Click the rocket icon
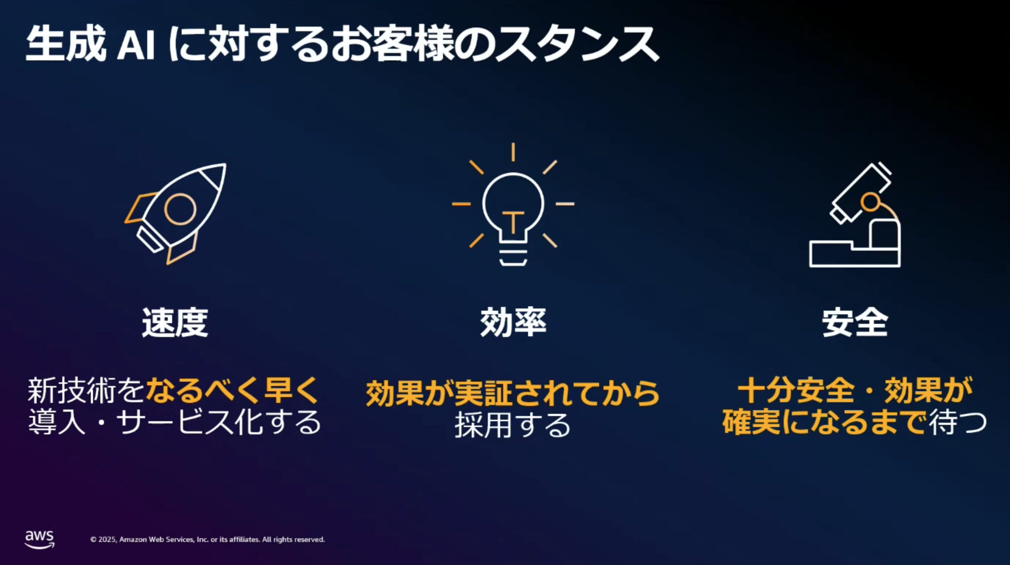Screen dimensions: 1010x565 point(175,214)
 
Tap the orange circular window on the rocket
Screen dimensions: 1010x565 point(180,209)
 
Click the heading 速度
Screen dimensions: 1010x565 point(175,322)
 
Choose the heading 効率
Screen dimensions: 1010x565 point(513,322)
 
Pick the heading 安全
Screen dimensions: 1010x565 point(855,322)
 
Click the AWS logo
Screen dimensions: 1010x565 point(40,539)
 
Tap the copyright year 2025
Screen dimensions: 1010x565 point(107,539)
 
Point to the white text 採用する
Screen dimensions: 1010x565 point(512,425)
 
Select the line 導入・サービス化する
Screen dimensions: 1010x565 point(174,422)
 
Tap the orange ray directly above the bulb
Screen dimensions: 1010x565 point(513,152)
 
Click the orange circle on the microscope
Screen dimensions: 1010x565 point(870,202)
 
